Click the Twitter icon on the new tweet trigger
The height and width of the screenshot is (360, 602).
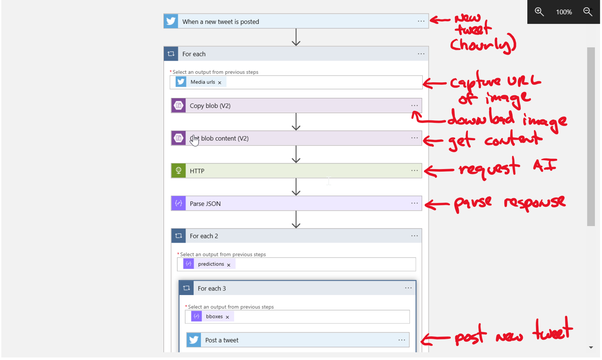tap(171, 21)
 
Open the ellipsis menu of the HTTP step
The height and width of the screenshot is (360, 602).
tap(414, 171)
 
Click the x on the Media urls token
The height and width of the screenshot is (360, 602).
tap(220, 83)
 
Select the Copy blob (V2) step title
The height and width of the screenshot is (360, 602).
tap(210, 106)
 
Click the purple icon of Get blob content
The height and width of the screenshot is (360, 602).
tap(179, 138)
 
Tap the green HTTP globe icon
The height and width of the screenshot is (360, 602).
tap(179, 171)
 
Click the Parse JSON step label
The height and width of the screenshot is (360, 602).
tap(205, 204)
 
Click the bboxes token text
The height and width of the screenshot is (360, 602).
tap(214, 317)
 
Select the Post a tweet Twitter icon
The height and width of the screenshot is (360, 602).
tap(194, 340)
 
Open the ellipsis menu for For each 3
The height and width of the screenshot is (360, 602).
tap(408, 288)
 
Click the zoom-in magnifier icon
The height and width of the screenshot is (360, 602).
tap(539, 12)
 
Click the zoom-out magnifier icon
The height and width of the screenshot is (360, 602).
tap(588, 12)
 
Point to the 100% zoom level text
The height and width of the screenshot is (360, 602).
tap(564, 12)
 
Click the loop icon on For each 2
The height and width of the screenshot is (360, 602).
tap(179, 236)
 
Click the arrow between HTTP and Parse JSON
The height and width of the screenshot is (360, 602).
tap(296, 187)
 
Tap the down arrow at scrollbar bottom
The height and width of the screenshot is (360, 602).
tap(591, 348)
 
